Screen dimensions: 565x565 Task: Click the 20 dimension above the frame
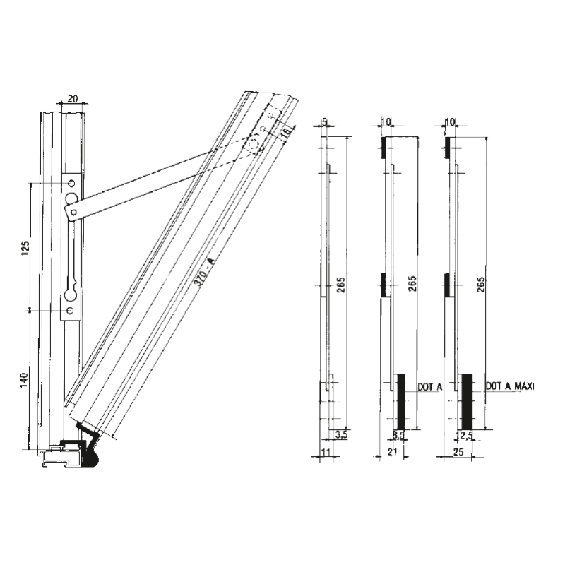[x=73, y=100]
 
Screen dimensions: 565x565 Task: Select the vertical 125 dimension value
[x=25, y=248]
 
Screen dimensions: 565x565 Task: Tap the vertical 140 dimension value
[x=25, y=379]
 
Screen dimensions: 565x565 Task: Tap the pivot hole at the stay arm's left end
[x=71, y=210]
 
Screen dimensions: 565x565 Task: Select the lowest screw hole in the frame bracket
[x=70, y=310]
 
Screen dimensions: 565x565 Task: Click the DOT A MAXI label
[x=511, y=386]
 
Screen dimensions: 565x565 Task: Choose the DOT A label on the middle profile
[x=429, y=386]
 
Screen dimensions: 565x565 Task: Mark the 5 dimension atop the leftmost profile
[x=324, y=121]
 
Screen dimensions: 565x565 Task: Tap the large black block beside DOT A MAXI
[x=466, y=400]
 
